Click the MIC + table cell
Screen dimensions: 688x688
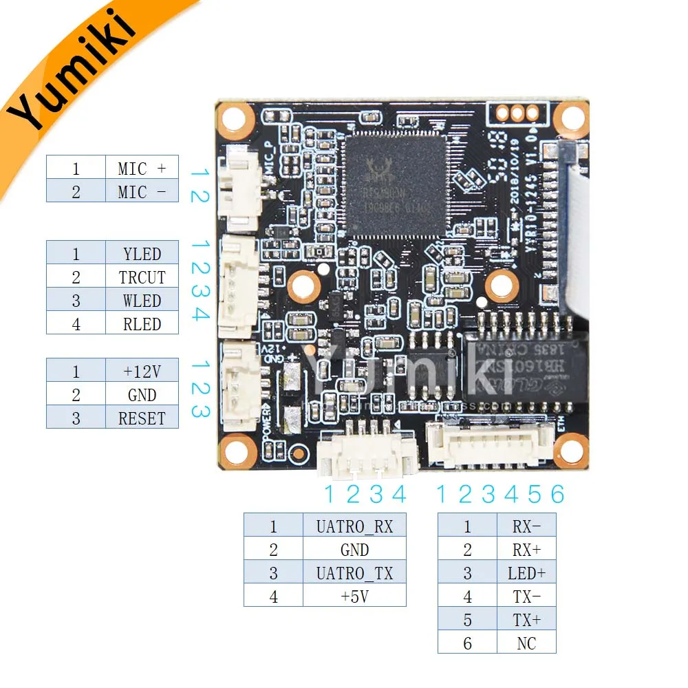click(x=142, y=168)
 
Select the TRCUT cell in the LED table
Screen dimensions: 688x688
click(x=142, y=277)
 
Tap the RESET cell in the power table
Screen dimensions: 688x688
click(x=142, y=418)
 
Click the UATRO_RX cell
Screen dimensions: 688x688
click(x=354, y=527)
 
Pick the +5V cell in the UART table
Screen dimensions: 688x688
click(x=354, y=596)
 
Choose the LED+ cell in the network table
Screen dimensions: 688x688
click(x=526, y=573)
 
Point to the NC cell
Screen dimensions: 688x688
click(x=526, y=643)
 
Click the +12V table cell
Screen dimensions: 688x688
click(x=142, y=372)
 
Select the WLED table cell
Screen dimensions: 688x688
click(x=142, y=301)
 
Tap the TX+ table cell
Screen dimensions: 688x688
click(x=526, y=620)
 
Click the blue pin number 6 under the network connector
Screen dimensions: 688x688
click(x=557, y=494)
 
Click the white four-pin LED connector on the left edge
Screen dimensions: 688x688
click(x=237, y=285)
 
